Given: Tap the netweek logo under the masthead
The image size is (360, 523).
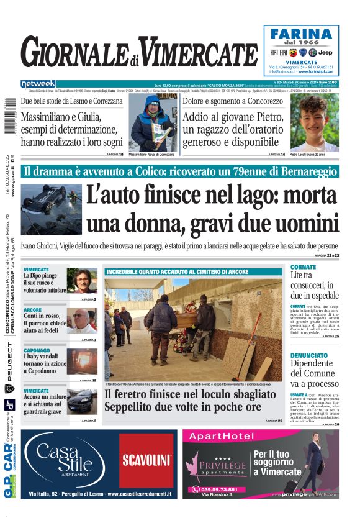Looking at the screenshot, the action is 38,84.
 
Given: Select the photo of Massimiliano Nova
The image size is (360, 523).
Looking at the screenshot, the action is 150,122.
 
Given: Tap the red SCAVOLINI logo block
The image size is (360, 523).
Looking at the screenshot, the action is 146,460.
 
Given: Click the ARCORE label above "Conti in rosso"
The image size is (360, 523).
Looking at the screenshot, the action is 33,309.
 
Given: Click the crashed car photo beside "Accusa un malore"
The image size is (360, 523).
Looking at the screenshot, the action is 82,401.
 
